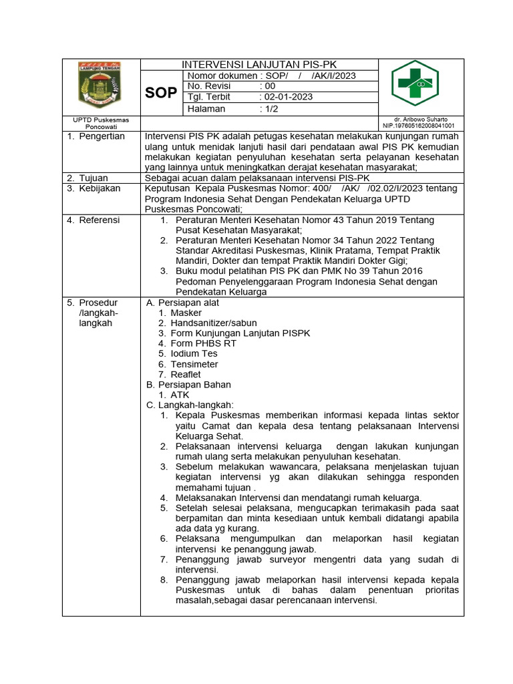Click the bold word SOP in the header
pos(161,93)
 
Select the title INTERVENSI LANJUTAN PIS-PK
pos(260,65)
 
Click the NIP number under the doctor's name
pos(418,126)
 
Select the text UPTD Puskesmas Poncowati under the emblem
pos(100,123)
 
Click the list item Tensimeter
pos(194,364)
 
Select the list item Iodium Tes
pos(194,354)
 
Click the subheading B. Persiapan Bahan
pos(188,385)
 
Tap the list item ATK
pos(180,395)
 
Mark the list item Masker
pos(186,313)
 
